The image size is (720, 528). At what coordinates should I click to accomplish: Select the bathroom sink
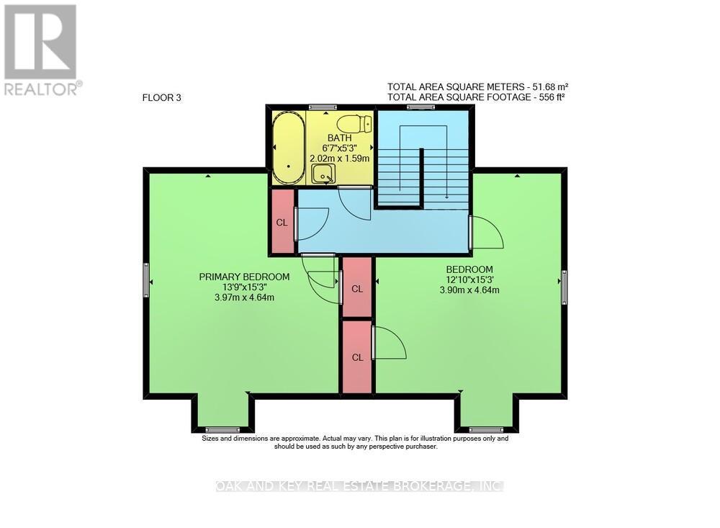point(323,174)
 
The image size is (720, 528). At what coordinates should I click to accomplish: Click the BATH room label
point(338,138)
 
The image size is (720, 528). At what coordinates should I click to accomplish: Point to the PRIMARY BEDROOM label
point(244,277)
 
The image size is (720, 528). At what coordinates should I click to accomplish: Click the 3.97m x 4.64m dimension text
point(244,297)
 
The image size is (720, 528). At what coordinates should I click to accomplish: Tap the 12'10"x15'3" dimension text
point(469,280)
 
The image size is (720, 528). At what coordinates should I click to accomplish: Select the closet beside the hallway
point(282,222)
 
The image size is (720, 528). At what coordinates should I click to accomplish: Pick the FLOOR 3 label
point(162,98)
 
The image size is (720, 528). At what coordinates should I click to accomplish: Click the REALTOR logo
point(41,50)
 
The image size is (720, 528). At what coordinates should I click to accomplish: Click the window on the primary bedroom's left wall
point(145,279)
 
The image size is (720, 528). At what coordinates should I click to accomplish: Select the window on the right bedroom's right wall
point(564,286)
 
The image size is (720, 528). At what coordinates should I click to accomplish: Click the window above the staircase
point(420,107)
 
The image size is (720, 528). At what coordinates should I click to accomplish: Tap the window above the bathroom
point(323,107)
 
